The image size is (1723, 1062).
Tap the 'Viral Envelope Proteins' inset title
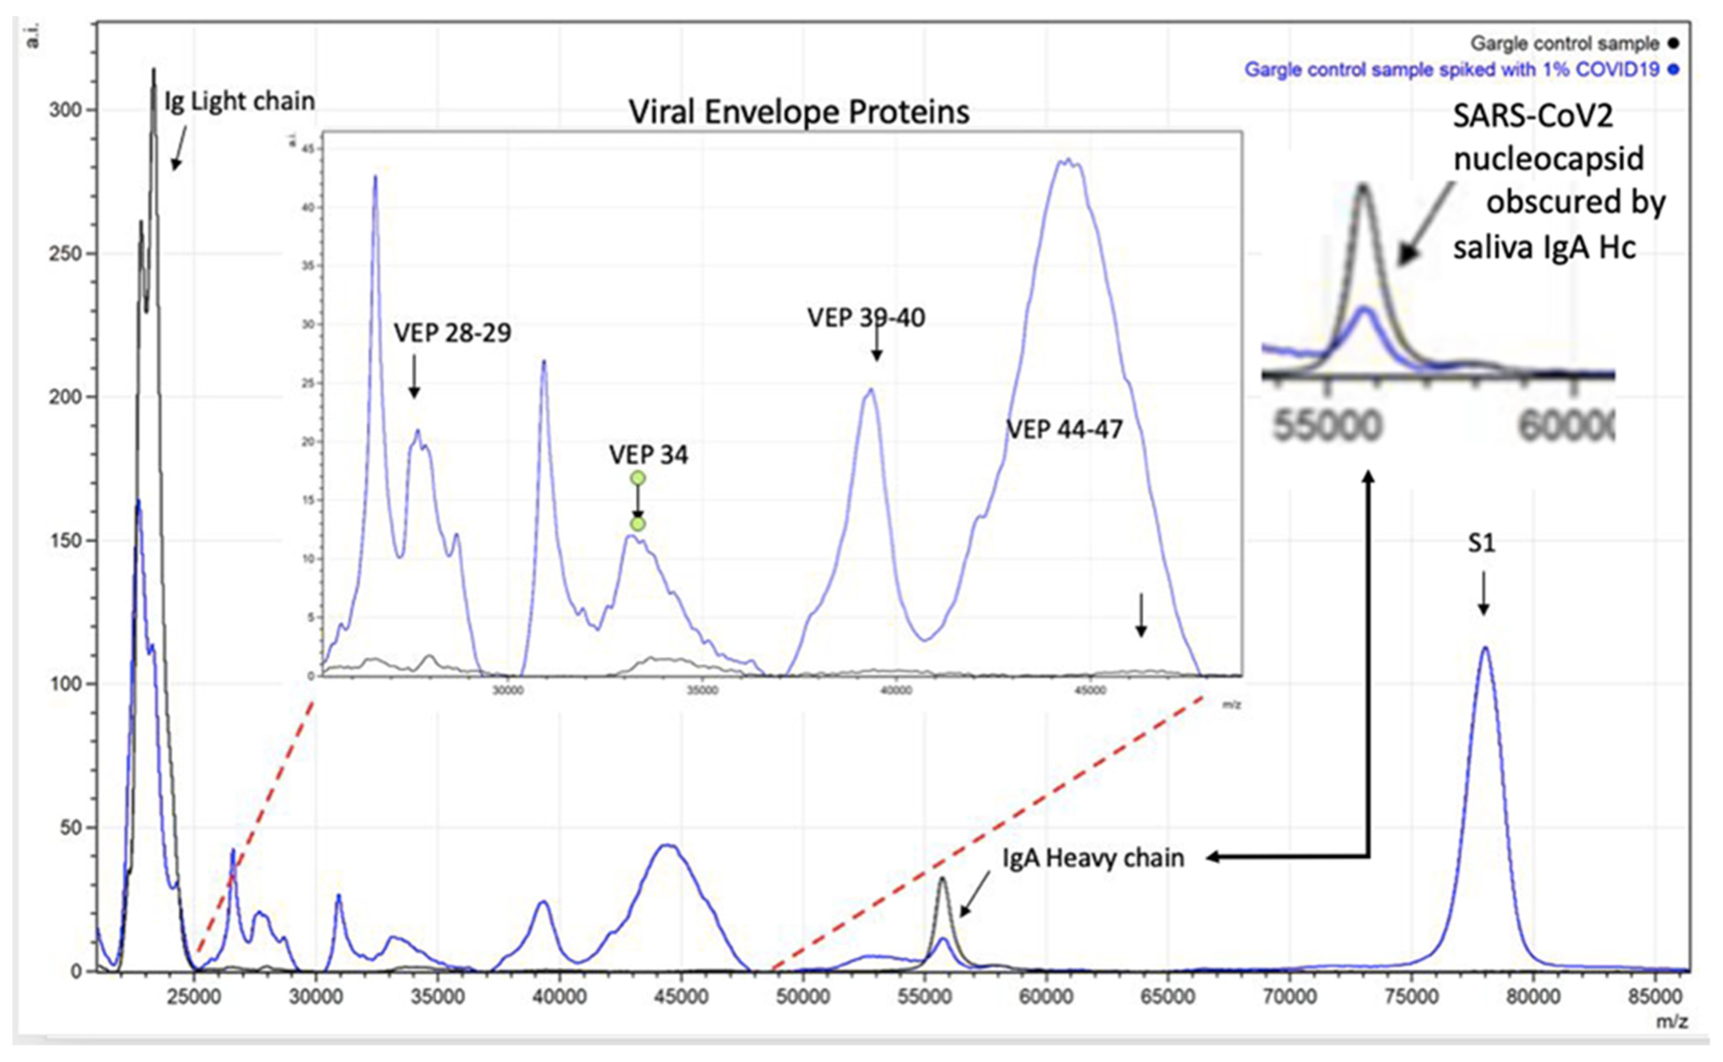(x=799, y=113)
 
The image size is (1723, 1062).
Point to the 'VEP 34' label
(x=648, y=455)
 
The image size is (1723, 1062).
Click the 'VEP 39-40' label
(x=866, y=318)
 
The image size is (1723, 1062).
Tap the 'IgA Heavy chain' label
(x=1093, y=858)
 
